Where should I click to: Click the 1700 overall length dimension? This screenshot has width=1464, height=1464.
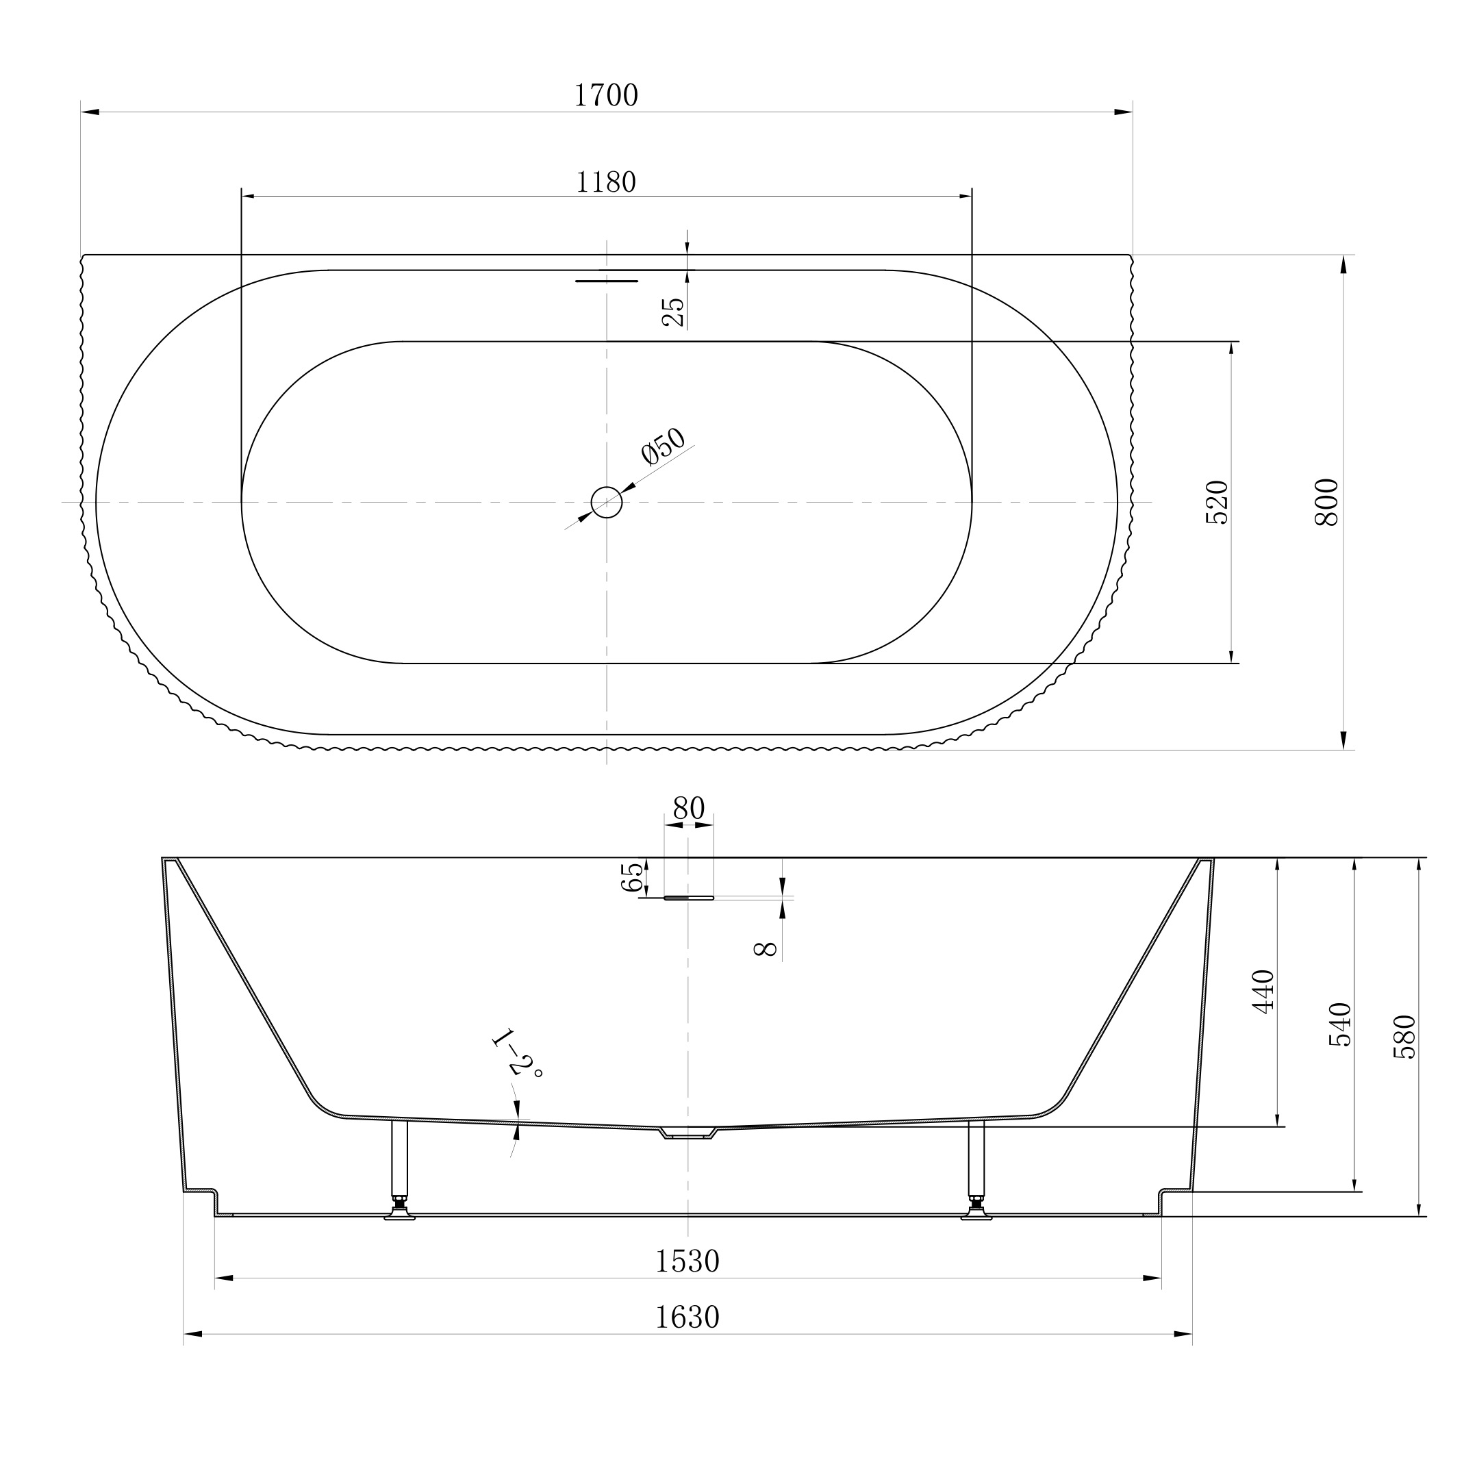coord(606,95)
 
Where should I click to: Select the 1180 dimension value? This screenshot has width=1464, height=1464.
coord(606,182)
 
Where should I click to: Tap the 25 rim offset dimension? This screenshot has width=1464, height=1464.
coord(673,312)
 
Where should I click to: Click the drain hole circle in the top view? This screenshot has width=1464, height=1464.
coord(606,502)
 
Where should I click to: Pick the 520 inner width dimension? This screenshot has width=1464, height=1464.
coord(1216,503)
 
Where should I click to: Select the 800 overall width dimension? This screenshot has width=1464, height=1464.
coord(1327,503)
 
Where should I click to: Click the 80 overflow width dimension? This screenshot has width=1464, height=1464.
coord(689,809)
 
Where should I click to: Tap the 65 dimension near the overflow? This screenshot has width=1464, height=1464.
coord(632,876)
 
